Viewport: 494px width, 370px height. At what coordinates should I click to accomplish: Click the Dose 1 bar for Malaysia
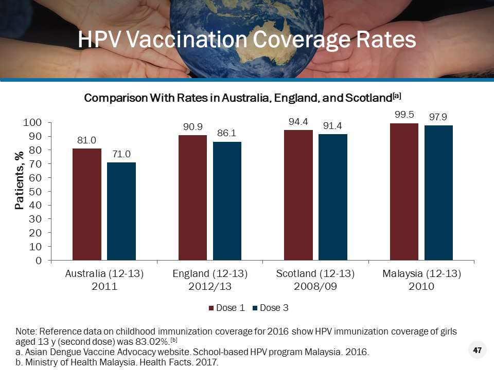coord(404,192)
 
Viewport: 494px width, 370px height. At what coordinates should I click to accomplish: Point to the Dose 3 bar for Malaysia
coord(438,193)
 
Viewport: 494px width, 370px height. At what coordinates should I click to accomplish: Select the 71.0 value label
coord(121,154)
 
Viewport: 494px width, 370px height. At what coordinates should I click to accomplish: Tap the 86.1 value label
coord(227,133)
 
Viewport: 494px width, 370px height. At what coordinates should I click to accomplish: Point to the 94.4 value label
coord(298,122)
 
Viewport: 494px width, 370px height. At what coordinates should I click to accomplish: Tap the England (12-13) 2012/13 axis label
coord(210,280)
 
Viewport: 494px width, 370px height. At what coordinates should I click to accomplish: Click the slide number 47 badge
coord(477,350)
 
